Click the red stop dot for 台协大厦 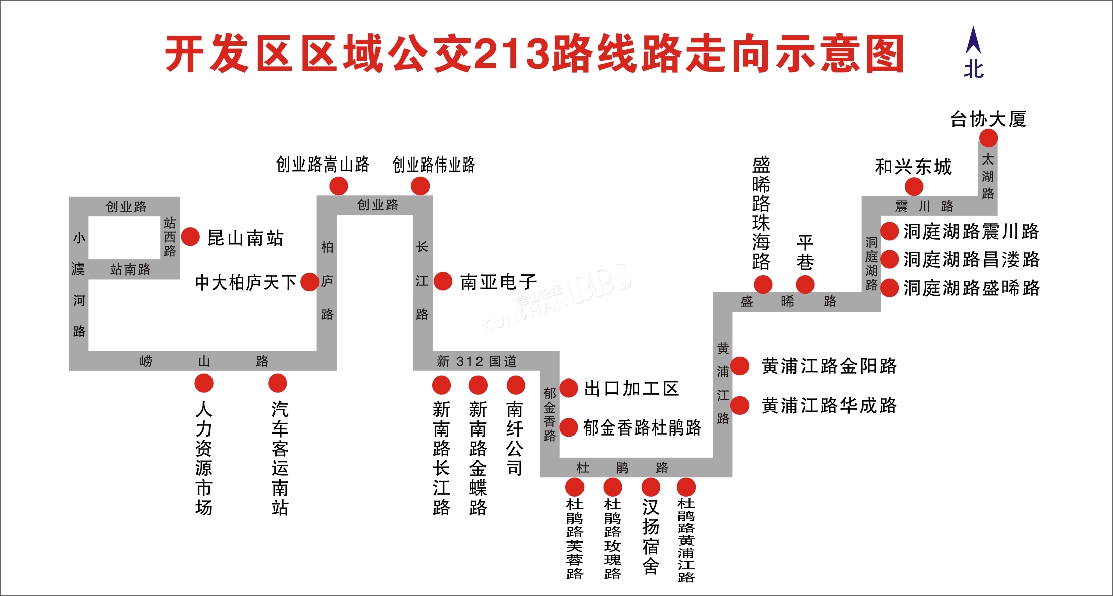point(988,138)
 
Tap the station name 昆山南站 point(246,238)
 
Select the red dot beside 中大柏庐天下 point(310,282)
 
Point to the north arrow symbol point(973,40)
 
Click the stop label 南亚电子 point(498,282)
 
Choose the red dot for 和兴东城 point(914,187)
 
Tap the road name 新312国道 point(477,361)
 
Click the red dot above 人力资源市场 point(204,384)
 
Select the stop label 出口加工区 point(631,389)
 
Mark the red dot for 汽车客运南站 point(278,384)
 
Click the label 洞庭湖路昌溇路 point(971,259)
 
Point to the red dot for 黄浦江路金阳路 point(740,366)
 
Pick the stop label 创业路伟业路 point(434,165)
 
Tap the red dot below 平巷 point(805,284)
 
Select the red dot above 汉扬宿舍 point(651,487)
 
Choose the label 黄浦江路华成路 point(829,405)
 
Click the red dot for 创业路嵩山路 point(339,186)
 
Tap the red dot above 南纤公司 point(516,385)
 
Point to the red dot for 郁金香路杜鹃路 point(569,427)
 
